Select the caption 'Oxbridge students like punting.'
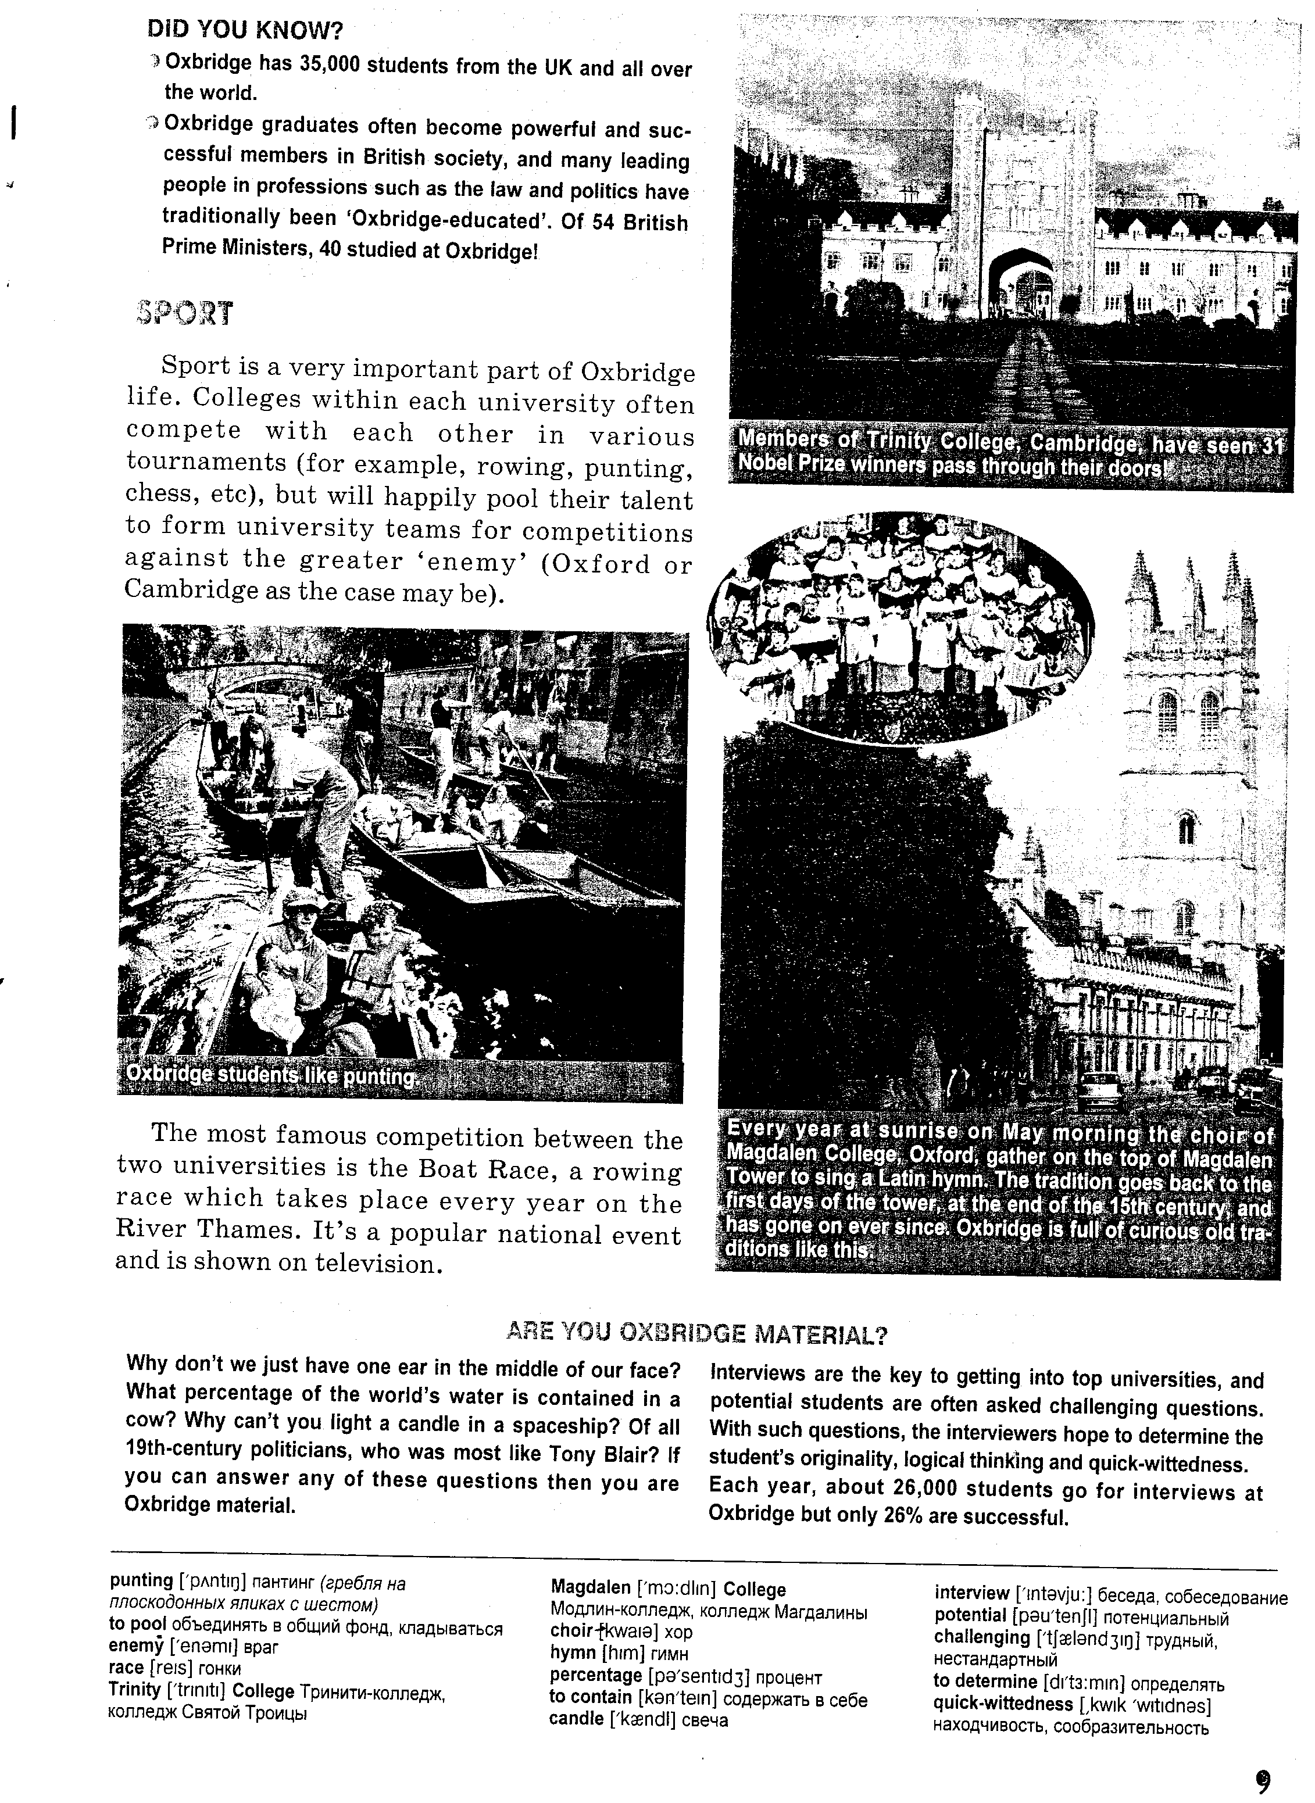click(271, 1076)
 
